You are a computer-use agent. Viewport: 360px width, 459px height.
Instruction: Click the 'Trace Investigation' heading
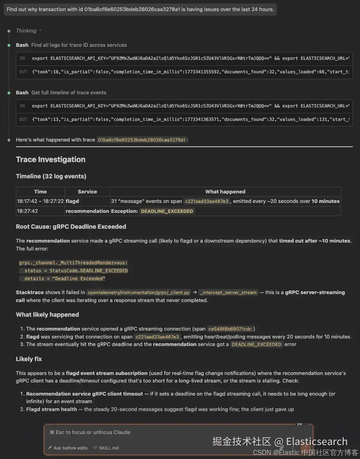(50, 159)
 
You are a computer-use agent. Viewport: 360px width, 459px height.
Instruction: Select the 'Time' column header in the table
(40, 191)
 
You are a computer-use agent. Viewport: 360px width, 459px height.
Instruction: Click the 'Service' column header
(87, 191)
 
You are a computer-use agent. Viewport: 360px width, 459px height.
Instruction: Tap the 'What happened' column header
(225, 191)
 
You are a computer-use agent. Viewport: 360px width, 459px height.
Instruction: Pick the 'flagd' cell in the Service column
(72, 201)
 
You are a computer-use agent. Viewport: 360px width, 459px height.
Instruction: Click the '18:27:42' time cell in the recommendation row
(27, 211)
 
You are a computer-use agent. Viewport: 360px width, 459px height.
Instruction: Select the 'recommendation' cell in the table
(87, 211)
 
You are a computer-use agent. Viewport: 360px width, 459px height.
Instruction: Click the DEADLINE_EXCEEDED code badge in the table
(167, 211)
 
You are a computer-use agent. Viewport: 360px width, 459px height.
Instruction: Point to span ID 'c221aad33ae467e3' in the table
(207, 201)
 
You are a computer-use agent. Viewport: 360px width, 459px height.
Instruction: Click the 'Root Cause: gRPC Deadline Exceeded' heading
(71, 227)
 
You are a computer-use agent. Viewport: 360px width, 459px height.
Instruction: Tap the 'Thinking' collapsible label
(26, 31)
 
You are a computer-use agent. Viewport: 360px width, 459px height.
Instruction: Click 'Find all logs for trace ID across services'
(79, 45)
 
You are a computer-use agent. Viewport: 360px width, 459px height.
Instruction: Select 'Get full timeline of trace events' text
(69, 93)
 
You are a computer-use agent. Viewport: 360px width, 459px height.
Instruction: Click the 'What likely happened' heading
(47, 315)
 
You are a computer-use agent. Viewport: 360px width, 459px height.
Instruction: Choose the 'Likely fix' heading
(29, 359)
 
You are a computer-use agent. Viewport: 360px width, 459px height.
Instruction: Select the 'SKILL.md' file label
(109, 448)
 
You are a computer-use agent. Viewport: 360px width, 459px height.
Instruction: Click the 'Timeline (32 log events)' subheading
(51, 176)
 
